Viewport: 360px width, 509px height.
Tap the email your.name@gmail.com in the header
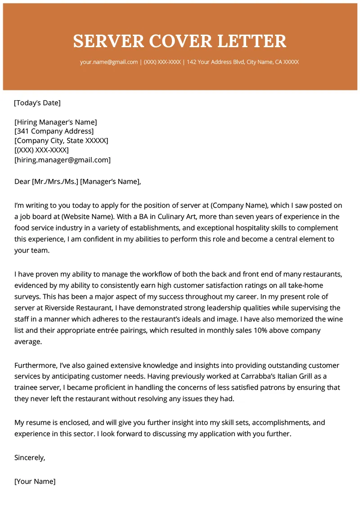tap(109, 62)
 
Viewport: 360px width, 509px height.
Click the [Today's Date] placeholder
tap(37, 103)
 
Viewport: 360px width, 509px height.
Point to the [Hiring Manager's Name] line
tap(56, 122)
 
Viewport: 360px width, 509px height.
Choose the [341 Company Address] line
tap(54, 131)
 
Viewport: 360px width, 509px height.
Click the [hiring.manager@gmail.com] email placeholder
tap(63, 160)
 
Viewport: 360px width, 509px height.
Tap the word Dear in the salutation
tap(22, 182)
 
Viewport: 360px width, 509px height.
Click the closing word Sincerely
tap(30, 458)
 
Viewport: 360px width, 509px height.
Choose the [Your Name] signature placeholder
tap(35, 481)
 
